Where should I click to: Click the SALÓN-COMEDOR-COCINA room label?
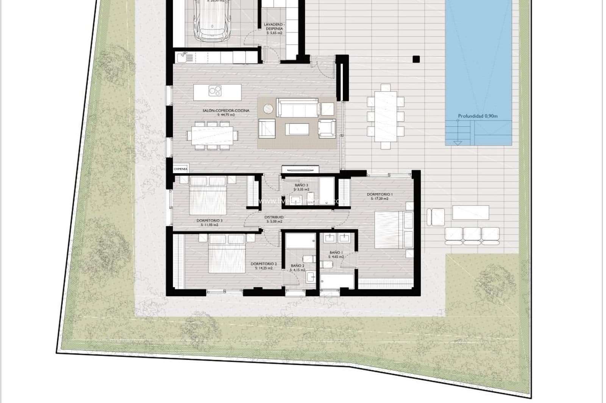(x=226, y=110)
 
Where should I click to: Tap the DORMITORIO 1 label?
(x=380, y=194)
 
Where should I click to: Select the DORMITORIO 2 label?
(x=264, y=264)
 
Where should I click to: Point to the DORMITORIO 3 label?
(x=209, y=220)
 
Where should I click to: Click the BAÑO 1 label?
(x=336, y=252)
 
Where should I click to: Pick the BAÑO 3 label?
(x=301, y=185)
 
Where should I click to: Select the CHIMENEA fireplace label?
(x=180, y=169)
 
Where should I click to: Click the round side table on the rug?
(x=268, y=108)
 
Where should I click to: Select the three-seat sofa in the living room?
(x=297, y=107)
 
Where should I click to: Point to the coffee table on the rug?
(x=297, y=129)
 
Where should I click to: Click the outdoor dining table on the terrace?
(x=386, y=116)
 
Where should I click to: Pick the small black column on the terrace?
(x=416, y=59)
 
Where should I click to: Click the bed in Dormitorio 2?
(x=227, y=253)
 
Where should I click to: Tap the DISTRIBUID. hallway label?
(x=274, y=217)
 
